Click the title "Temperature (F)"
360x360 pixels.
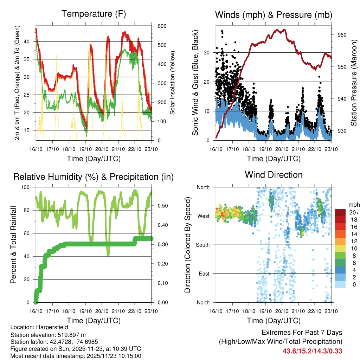94,14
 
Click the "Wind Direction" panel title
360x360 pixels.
274,175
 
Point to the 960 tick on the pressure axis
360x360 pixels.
342,35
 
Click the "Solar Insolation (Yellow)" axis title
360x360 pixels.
172,83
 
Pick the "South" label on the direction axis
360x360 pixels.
203,245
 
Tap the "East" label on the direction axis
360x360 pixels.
205,274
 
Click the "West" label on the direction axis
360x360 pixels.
204,216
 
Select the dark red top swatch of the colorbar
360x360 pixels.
340,212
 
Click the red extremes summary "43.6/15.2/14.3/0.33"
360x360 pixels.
312,351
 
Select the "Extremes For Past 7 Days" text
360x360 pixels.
302,333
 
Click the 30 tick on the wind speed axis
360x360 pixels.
207,53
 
